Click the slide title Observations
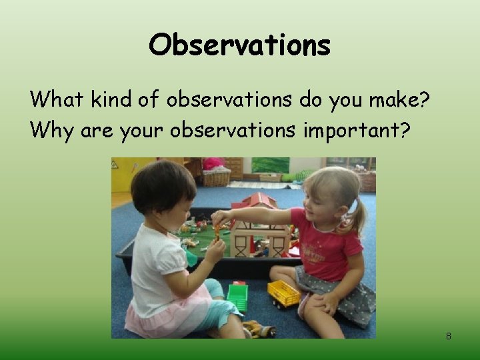[239, 45]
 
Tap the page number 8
[448, 336]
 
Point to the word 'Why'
[52, 130]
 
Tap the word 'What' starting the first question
[55, 99]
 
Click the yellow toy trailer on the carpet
[283, 293]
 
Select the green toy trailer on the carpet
[237, 296]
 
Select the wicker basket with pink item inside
[215, 174]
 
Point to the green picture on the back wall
[270, 165]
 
